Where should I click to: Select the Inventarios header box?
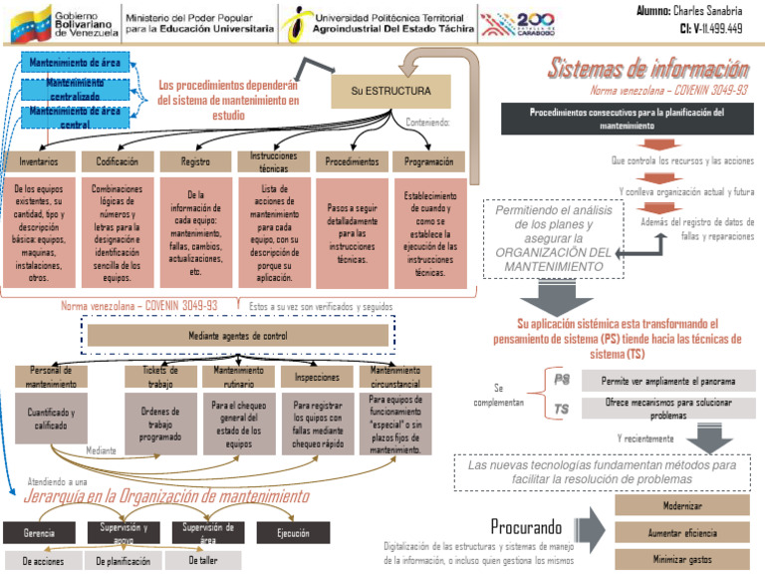(x=37, y=160)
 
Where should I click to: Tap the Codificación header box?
(x=117, y=160)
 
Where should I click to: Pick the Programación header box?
(x=429, y=161)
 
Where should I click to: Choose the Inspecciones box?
(x=316, y=377)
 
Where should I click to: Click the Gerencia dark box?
(x=39, y=533)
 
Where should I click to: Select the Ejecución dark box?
(x=293, y=533)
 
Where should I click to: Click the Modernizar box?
(x=682, y=505)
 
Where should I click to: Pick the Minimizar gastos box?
(x=682, y=559)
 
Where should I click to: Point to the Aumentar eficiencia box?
(x=682, y=533)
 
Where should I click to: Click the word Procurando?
(x=526, y=526)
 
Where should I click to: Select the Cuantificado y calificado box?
(x=51, y=419)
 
